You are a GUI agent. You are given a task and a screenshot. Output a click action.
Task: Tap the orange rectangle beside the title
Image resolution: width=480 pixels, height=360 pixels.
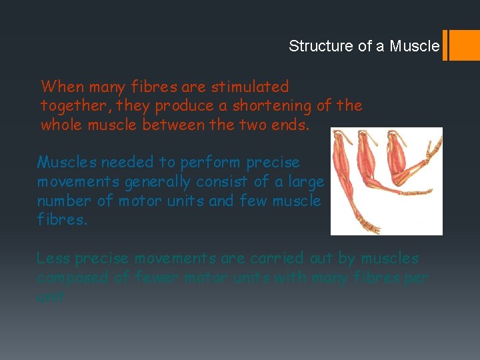(465, 45)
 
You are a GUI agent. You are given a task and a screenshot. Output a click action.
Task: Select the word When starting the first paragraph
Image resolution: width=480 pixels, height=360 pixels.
(63, 87)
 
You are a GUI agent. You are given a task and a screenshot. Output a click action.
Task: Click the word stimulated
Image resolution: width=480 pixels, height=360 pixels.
(249, 87)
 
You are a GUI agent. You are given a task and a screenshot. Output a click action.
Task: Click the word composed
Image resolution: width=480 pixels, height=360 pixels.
(72, 277)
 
